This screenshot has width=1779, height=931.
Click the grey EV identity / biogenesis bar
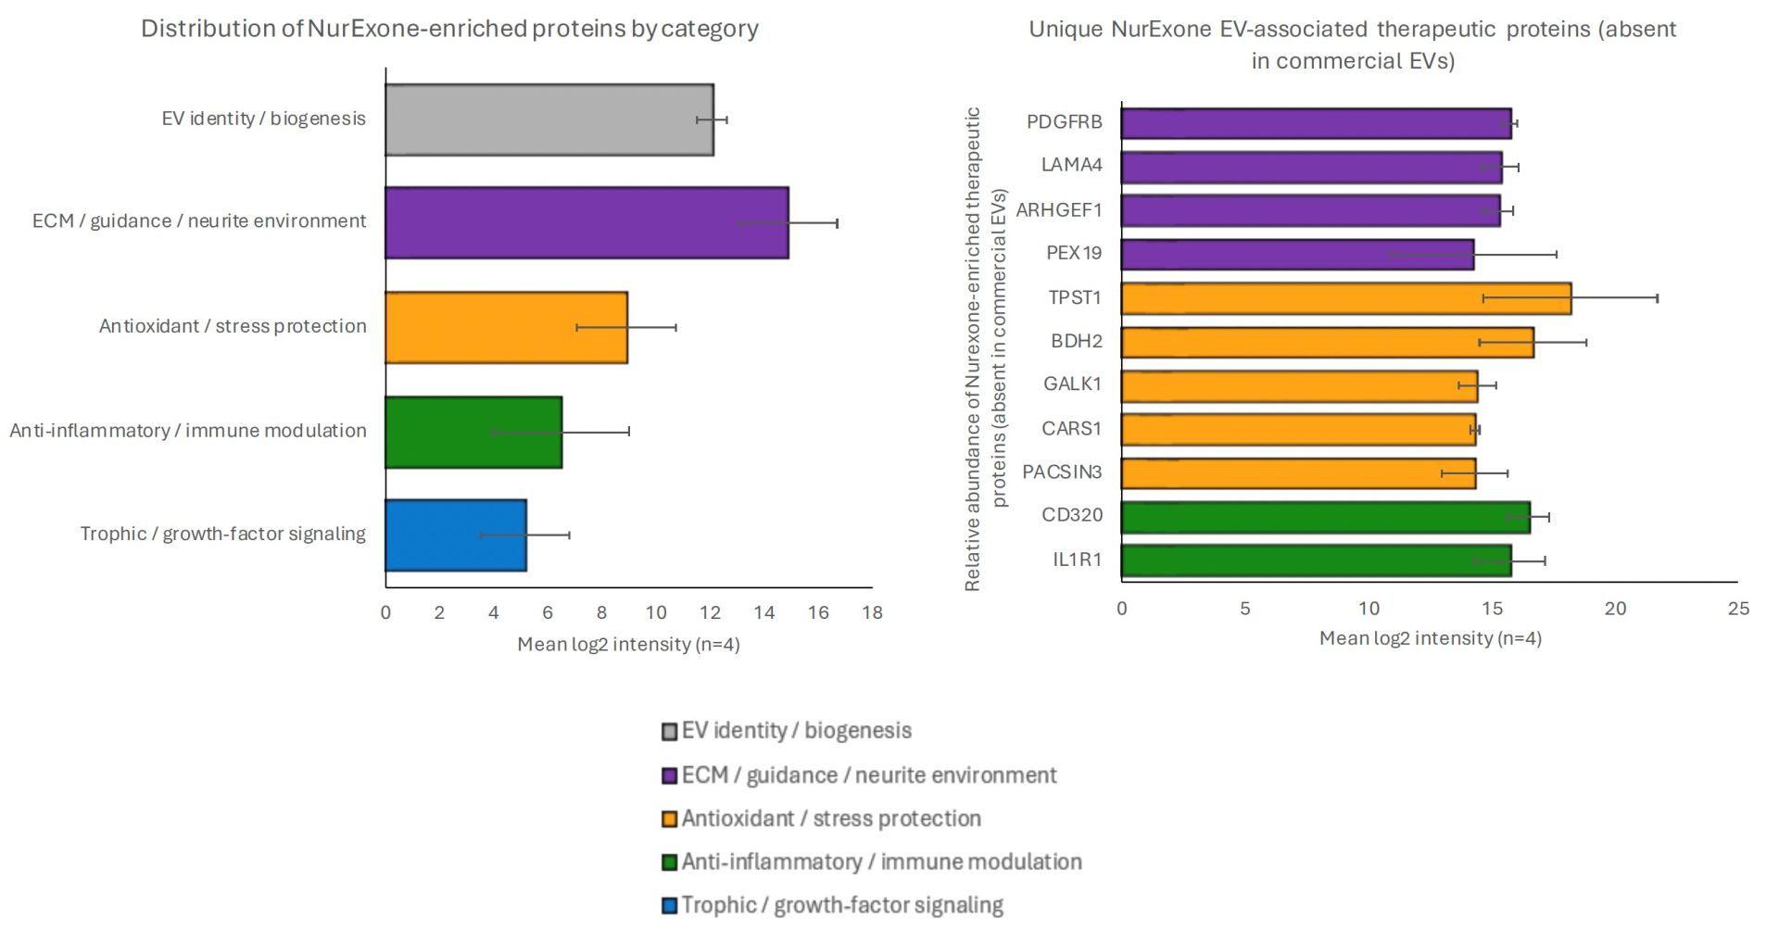549,120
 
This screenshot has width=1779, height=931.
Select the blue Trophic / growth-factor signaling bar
455,535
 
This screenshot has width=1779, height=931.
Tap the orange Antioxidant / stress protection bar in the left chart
506,328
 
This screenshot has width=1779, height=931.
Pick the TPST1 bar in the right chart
1345,298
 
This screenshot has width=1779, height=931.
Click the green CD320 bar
1325,517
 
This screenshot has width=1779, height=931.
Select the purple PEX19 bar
1297,255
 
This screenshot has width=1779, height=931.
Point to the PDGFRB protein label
1064,122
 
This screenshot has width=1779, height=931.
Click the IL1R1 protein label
1077,560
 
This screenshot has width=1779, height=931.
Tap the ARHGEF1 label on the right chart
1058,210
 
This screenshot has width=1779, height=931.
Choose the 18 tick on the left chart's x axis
872,612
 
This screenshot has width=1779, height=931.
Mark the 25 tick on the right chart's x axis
1738,609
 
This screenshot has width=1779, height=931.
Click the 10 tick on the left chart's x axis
656,612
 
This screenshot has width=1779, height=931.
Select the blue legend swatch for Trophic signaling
669,906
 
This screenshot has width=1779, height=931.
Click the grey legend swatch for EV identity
669,732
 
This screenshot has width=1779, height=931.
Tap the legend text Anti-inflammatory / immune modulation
881,862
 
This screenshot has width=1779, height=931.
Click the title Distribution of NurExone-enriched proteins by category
449,29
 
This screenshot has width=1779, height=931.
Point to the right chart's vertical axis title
985,348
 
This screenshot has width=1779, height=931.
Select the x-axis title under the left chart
628,645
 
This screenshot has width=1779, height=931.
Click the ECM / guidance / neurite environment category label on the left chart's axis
199,221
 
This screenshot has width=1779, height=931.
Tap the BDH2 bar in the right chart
1327,342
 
